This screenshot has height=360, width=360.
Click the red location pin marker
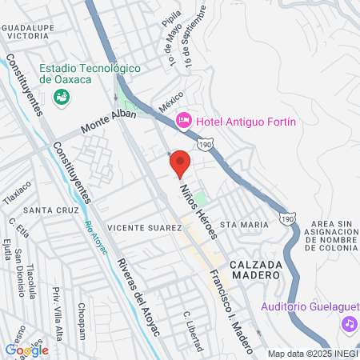[180, 162]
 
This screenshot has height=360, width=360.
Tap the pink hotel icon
[183, 121]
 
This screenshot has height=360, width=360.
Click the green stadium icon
[60, 96]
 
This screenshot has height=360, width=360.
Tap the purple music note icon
[348, 324]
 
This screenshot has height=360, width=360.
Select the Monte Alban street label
[108, 121]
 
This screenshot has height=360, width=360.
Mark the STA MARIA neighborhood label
[244, 225]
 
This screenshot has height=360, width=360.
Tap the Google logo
[26, 349]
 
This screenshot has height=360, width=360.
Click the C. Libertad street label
[192, 330]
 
